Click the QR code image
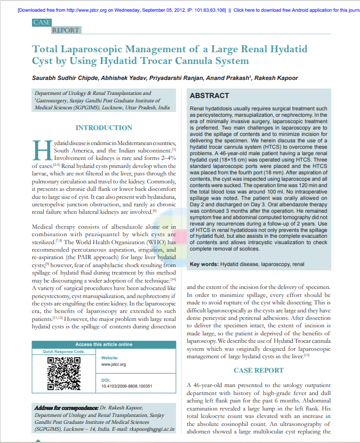(x=64, y=373)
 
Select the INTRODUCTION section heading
(x=104, y=128)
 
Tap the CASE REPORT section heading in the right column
(x=259, y=370)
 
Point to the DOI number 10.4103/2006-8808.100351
(x=126, y=385)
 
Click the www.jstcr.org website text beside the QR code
(x=113, y=364)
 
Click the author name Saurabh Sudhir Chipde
(x=63, y=78)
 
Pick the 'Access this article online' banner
(x=104, y=344)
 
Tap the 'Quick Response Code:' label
(x=64, y=352)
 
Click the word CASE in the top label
(x=42, y=22)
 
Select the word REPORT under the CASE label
(x=66, y=30)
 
